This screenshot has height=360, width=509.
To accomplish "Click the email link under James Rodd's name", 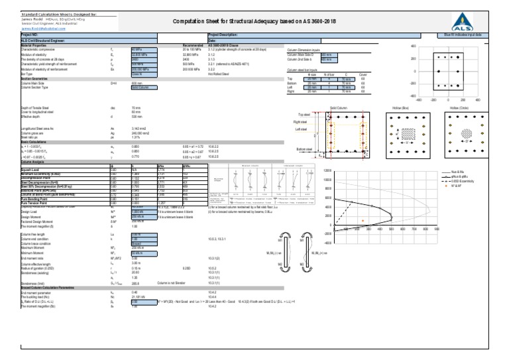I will [x=42, y=29].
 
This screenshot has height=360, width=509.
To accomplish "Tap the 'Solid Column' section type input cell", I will [x=144, y=87].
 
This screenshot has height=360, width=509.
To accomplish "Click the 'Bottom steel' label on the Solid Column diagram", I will [x=304, y=150].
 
